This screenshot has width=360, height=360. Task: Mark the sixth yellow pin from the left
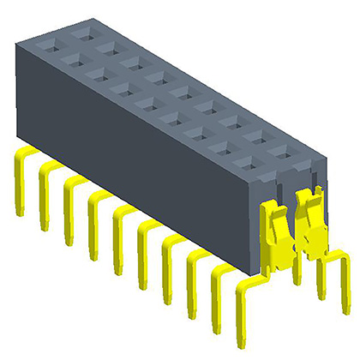[142, 249]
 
